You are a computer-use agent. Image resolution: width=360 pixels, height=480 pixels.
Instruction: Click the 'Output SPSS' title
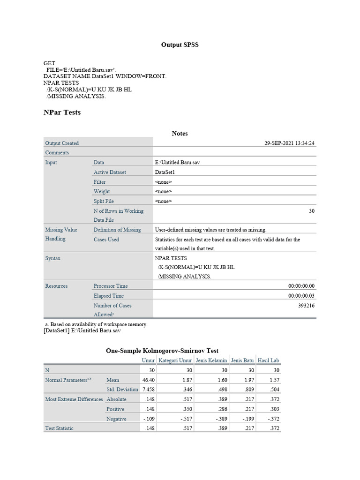point(180,45)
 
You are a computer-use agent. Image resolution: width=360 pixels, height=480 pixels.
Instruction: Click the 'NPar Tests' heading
point(62,112)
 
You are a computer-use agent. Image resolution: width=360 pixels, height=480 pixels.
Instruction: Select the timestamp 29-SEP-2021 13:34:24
point(289,143)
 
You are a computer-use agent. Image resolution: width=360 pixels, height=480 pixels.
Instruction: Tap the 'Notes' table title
point(180,134)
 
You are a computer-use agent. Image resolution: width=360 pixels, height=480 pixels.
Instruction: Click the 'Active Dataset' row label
point(110,172)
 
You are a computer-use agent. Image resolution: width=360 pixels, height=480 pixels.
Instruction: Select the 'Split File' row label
point(104,201)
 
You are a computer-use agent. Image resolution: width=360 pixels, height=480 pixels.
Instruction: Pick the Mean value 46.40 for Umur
point(148,380)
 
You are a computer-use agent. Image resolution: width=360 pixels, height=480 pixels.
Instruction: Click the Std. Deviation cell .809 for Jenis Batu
point(248,390)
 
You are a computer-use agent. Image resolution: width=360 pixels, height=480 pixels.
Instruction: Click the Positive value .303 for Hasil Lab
point(273,409)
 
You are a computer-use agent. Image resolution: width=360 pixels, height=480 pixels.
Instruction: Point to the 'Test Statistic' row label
point(59,428)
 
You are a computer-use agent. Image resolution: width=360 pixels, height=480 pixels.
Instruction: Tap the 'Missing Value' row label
point(61,230)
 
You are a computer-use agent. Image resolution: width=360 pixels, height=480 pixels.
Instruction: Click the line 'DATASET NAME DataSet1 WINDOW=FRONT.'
point(105,76)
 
